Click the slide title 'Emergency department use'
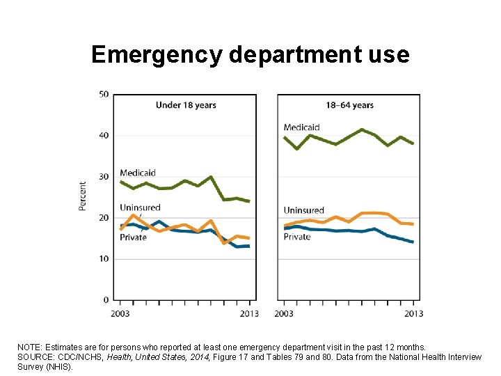point(250,54)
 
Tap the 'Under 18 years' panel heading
point(185,105)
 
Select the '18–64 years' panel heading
point(349,105)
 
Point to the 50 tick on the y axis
point(104,94)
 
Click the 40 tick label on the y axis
point(104,135)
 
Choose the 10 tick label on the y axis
point(104,259)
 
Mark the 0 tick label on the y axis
point(106,300)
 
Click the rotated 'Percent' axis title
point(83,196)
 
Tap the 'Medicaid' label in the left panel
point(137,173)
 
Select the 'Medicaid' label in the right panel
point(301,127)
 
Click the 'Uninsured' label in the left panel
point(140,207)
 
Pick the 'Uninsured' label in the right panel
point(304,210)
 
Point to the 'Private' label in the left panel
point(133,237)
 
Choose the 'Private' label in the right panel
point(297,237)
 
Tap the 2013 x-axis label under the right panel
point(413,313)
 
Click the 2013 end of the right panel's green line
point(413,143)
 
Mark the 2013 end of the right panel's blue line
point(413,242)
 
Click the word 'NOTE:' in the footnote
point(31,347)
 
